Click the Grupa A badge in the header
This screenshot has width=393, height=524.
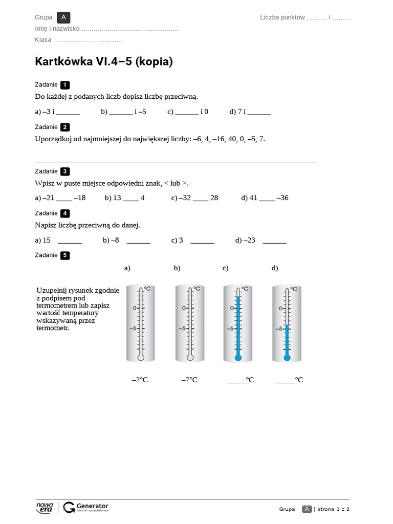tap(63, 17)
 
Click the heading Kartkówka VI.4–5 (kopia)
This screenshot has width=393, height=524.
tap(104, 61)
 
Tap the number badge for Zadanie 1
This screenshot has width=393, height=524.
tap(64, 85)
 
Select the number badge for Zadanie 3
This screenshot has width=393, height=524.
tap(64, 171)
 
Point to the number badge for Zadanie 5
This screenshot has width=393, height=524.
tap(64, 255)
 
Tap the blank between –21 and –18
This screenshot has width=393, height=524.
tap(64, 199)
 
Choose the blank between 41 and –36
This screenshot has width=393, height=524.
tap(267, 199)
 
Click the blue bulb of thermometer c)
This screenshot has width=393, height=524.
tap(238, 357)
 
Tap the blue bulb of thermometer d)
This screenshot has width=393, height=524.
tap(287, 357)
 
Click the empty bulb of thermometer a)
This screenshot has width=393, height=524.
tap(141, 357)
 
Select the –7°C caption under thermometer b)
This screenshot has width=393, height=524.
tap(189, 380)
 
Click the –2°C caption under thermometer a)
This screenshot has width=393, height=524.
tap(140, 380)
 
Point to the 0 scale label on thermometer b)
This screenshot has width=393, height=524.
tap(184, 308)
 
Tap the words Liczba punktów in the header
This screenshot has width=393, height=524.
tap(282, 17)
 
